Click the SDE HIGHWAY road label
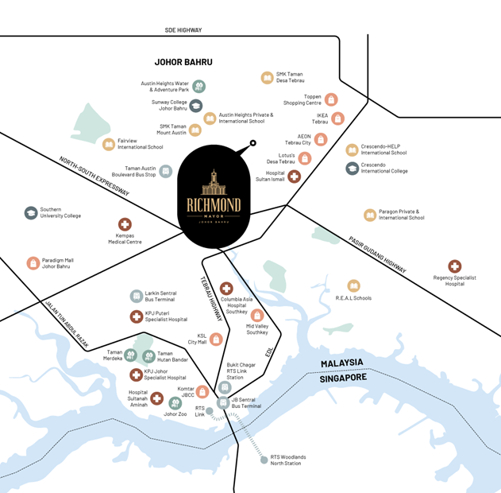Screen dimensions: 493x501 pos(183,30)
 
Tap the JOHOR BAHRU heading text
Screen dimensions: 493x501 pos(189,61)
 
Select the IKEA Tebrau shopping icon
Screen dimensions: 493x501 pos(338,118)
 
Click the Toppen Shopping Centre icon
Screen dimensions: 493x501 pos(331,99)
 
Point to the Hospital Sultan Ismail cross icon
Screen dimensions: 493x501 pos(295,177)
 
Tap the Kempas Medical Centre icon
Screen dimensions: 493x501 pos(125,225)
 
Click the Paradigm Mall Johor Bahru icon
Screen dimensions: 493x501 pos(33,262)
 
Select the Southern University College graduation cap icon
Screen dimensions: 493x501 pos(31,212)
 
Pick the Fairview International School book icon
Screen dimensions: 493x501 pos(109,144)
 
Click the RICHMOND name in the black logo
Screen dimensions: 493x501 pos(214,204)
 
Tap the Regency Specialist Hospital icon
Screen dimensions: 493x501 pos(454,266)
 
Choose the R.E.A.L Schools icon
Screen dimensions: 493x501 pos(353,285)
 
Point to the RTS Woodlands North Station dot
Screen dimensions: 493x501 pos(264,460)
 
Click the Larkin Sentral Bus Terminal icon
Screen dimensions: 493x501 pos(137,297)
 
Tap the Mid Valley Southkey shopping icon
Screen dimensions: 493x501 pos(257,316)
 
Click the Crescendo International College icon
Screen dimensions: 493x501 pos(353,168)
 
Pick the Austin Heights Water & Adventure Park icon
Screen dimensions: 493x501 pos(199,86)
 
